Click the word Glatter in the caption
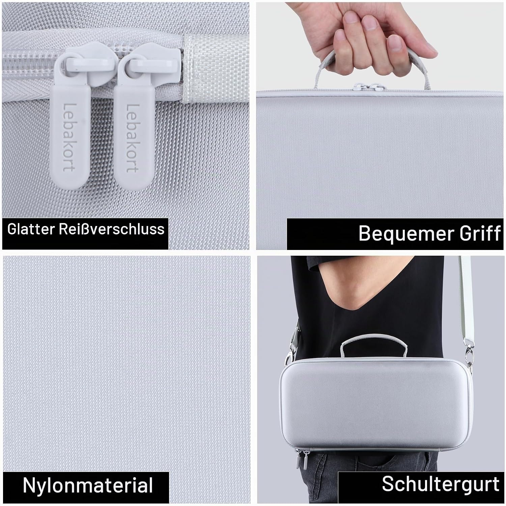30,229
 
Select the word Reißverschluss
112,229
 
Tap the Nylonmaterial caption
88,485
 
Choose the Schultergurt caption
441,484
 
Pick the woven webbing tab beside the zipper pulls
202,69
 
